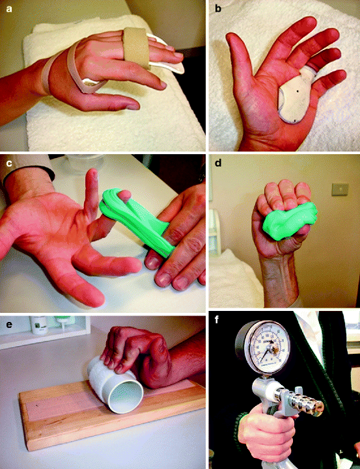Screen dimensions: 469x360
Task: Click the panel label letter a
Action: [x=8, y=7]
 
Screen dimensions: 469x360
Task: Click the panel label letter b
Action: [x=218, y=7]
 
